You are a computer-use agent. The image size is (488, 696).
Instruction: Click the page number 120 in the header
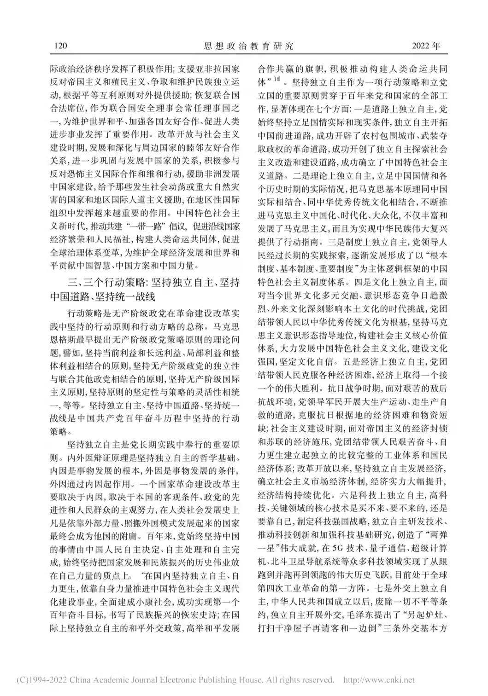point(61,46)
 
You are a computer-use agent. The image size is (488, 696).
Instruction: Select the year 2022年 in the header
point(425,46)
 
